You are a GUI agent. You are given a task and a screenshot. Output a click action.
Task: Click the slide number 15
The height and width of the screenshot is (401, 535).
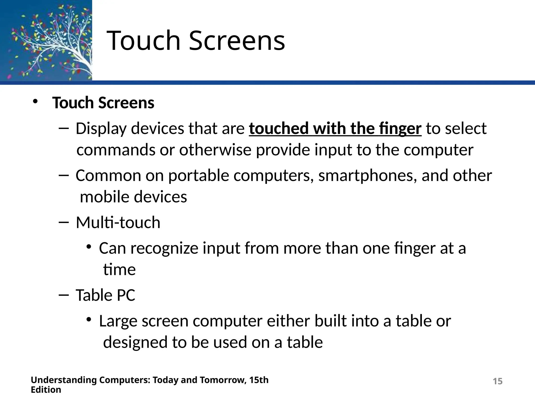(x=498, y=381)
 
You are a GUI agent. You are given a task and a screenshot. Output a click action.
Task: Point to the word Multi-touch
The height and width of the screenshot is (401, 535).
(x=118, y=222)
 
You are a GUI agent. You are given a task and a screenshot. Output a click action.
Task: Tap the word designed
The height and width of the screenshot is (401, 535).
(x=135, y=342)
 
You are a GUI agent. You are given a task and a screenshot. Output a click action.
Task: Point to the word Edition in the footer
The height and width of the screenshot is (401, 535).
(x=46, y=390)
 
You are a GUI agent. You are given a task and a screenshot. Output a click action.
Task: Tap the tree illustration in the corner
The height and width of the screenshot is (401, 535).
(x=46, y=40)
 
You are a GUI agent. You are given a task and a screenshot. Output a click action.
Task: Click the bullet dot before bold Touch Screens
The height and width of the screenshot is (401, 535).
(x=35, y=102)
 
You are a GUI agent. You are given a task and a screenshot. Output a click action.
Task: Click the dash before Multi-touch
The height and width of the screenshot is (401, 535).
(x=63, y=222)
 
